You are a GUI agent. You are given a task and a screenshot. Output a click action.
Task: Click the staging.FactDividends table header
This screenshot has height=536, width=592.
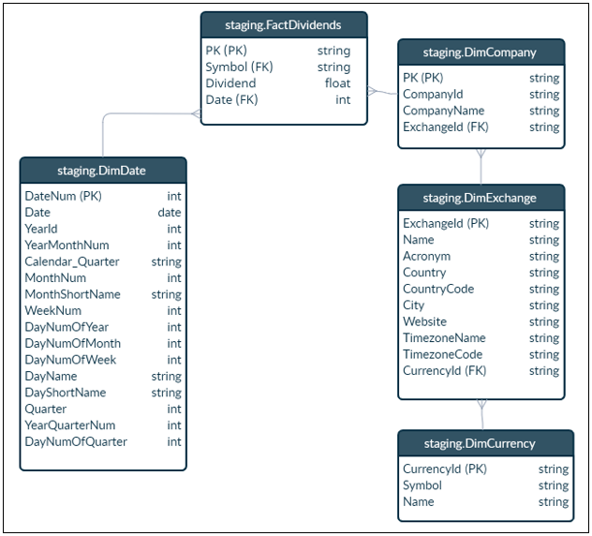(x=283, y=25)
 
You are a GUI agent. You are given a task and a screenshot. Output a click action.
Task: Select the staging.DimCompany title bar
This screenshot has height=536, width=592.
(x=481, y=53)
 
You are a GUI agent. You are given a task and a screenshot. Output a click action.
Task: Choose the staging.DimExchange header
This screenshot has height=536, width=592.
(x=481, y=198)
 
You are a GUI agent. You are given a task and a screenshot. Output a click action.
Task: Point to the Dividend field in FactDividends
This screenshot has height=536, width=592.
(x=230, y=83)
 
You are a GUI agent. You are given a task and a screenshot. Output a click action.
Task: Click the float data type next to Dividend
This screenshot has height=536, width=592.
(x=337, y=83)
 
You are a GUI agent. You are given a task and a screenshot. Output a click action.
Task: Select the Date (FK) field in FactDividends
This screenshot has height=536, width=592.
(x=231, y=100)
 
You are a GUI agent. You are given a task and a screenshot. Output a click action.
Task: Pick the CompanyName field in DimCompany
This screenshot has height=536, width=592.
(x=443, y=111)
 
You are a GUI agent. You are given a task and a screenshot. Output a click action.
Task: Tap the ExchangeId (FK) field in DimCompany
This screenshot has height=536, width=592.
(x=445, y=127)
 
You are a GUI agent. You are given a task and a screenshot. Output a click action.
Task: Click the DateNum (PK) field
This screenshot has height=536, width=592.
(x=63, y=196)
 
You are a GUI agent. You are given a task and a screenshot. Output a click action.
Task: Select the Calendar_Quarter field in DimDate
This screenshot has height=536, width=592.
(x=72, y=261)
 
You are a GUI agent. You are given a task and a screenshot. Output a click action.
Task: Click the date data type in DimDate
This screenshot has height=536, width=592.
(x=170, y=213)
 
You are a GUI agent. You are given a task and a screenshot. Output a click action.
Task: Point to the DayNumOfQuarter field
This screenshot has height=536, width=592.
(x=76, y=441)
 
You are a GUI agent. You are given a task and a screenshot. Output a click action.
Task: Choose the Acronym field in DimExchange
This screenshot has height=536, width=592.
(x=426, y=256)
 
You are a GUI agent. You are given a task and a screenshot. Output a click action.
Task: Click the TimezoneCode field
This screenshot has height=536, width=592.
(x=442, y=354)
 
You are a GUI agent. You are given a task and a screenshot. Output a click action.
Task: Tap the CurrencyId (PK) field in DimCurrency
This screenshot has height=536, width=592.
(x=445, y=469)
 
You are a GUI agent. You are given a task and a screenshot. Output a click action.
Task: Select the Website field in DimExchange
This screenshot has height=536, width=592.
(x=424, y=321)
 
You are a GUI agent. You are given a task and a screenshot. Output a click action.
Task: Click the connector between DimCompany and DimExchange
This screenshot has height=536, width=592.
(x=481, y=166)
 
